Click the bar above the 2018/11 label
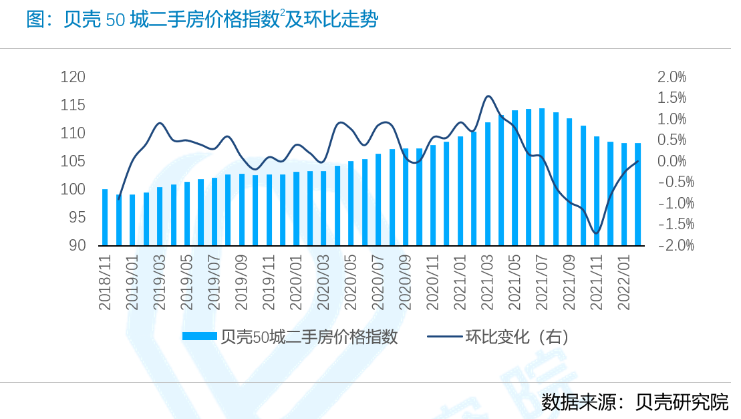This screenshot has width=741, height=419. tap(105, 217)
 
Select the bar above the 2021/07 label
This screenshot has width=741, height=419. tap(542, 177)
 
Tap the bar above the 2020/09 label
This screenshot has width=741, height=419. tap(406, 196)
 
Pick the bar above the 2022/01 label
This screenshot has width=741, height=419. tap(624, 194)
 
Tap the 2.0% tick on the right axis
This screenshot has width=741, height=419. tap(672, 77)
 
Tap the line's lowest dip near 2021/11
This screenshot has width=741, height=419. tap(597, 233)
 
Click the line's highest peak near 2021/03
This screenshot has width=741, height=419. tap(488, 96)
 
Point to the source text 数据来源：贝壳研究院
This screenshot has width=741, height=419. tap(635, 402)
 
